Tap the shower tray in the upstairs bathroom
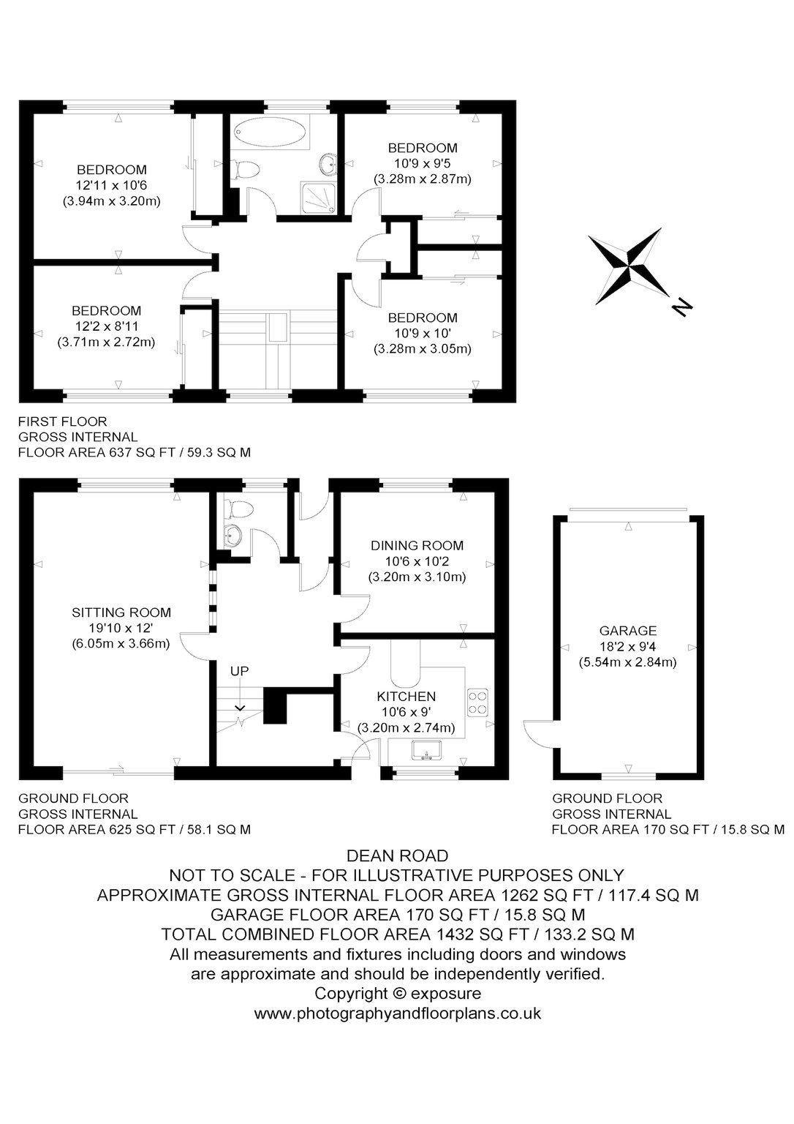click(x=318, y=197)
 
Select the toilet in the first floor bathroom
click(x=246, y=169)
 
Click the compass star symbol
click(x=629, y=266)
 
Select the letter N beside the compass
click(x=681, y=307)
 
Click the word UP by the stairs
click(x=239, y=671)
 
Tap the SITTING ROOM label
click(x=121, y=612)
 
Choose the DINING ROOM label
click(x=417, y=545)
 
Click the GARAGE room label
click(x=627, y=631)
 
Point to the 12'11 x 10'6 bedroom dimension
click(x=112, y=186)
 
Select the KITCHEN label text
click(x=406, y=696)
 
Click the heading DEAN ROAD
click(x=398, y=855)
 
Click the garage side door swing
click(x=538, y=735)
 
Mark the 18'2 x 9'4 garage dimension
click(x=627, y=646)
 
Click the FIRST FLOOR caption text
click(x=63, y=421)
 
